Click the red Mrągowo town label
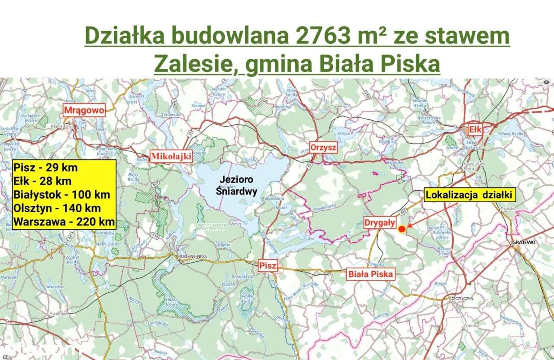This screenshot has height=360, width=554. pyautogui.click(x=84, y=110)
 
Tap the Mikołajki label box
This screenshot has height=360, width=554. pyautogui.click(x=171, y=157)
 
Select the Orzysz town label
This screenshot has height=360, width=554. pyautogui.click(x=323, y=148)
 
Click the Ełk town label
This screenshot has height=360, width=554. pyautogui.click(x=476, y=129)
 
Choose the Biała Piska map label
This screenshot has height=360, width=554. pyautogui.click(x=370, y=274)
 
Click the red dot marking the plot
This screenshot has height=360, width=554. pyautogui.click(x=402, y=229)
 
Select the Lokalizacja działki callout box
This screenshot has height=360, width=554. pyautogui.click(x=470, y=195)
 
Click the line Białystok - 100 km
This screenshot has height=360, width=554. pyautogui.click(x=61, y=194)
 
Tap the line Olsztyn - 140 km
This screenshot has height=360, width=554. pyautogui.click(x=57, y=208)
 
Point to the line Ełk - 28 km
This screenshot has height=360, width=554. pyautogui.click(x=42, y=181)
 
